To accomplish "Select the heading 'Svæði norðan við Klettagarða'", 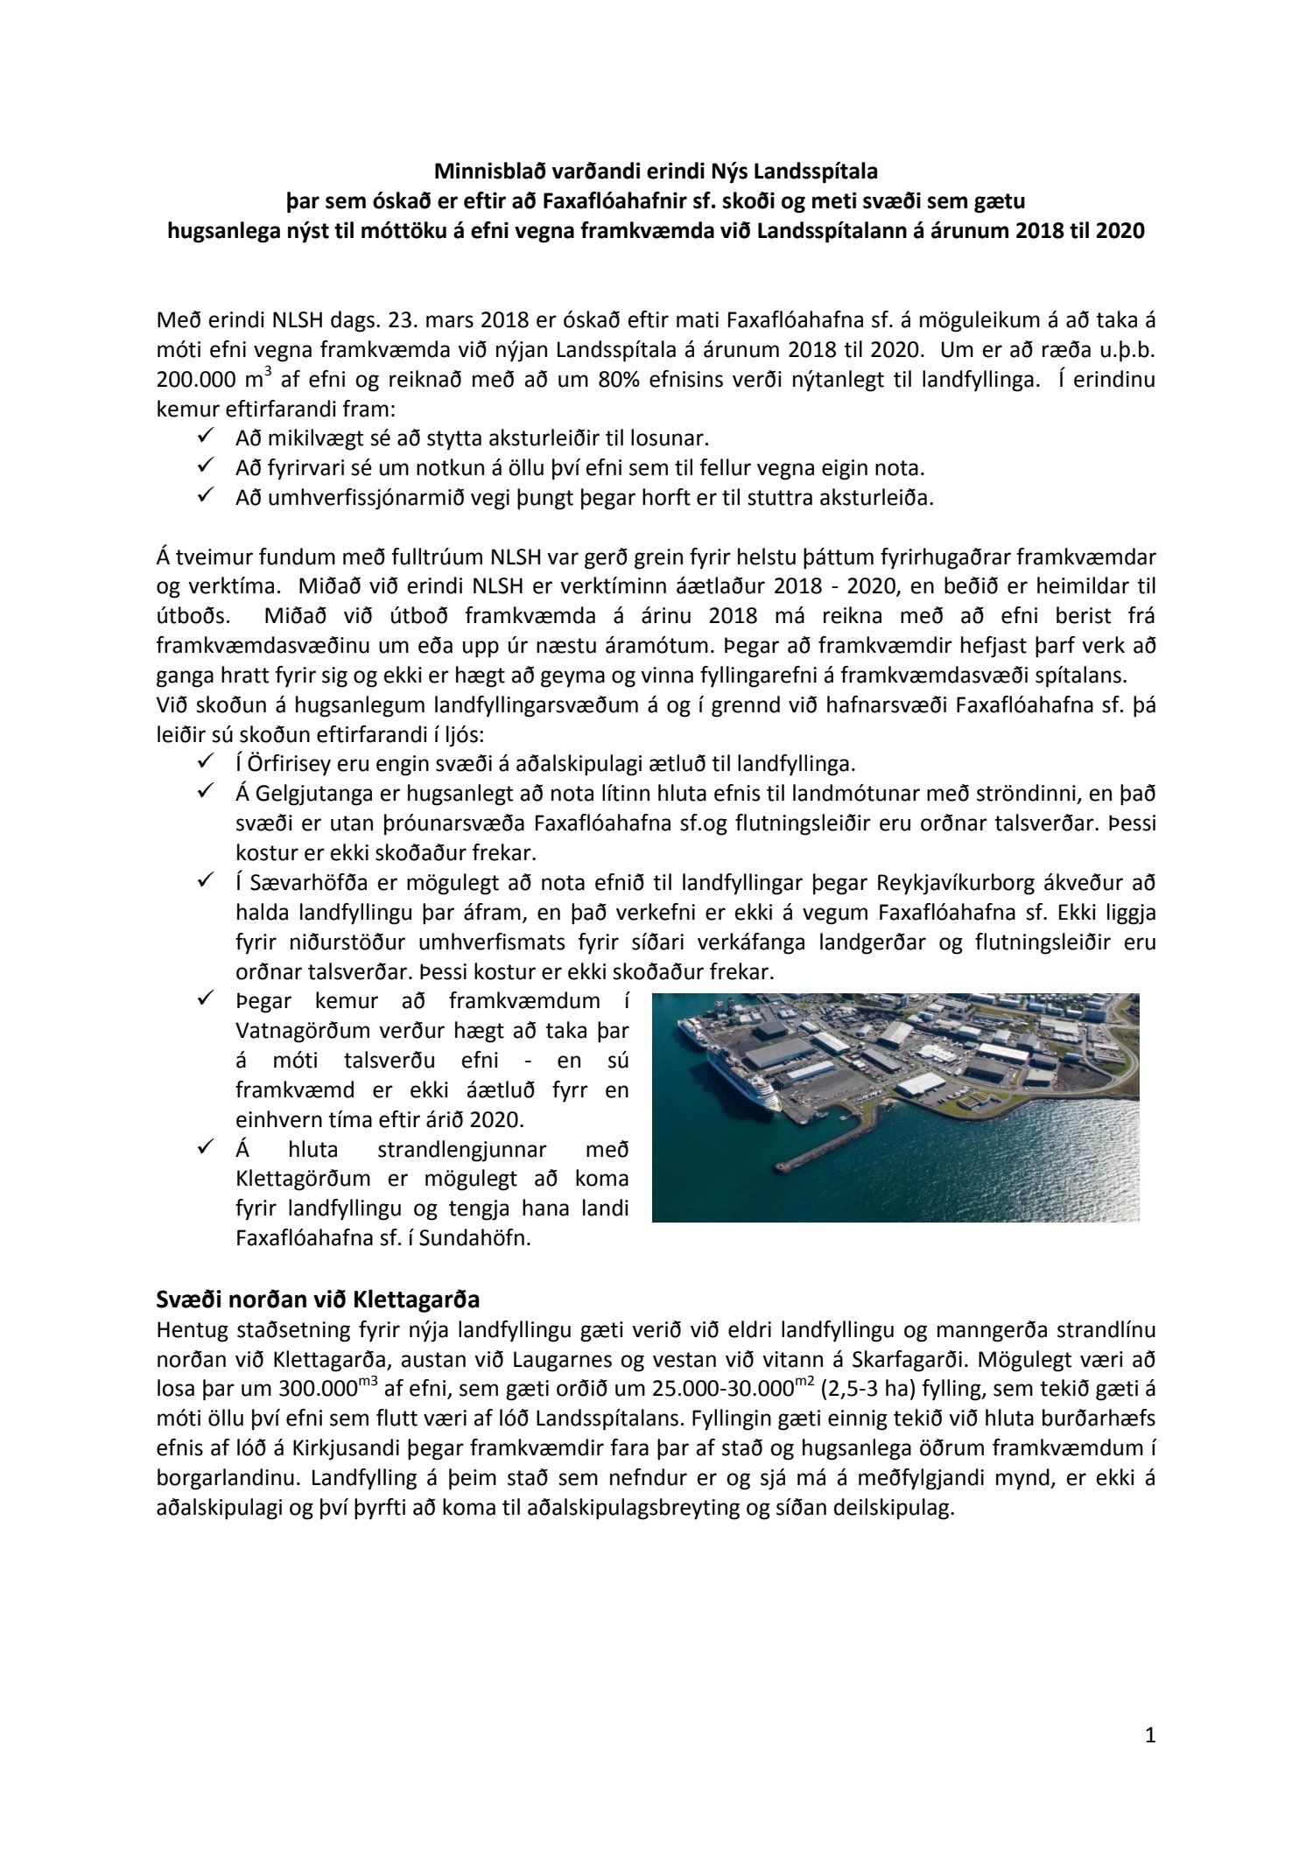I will (318, 1297).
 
